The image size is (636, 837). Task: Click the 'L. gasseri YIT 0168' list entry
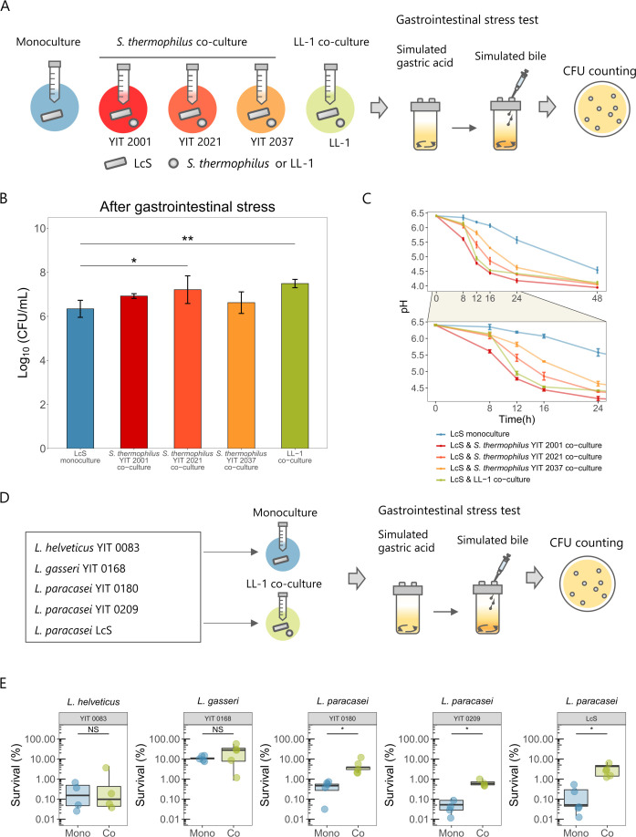click(x=85, y=570)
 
